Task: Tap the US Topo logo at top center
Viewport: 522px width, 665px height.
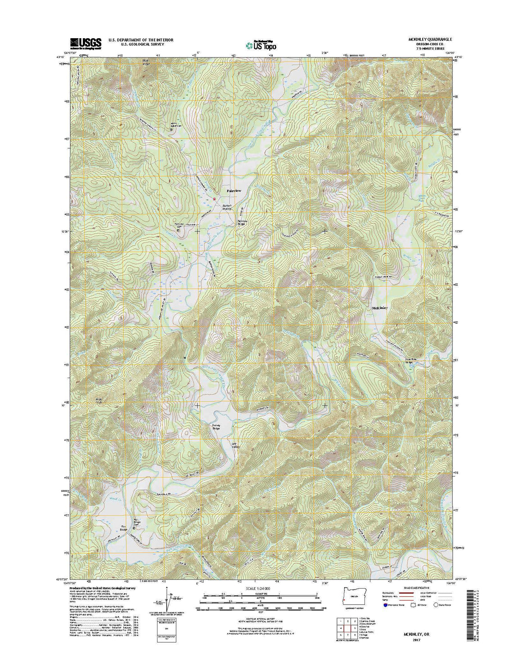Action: click(261, 45)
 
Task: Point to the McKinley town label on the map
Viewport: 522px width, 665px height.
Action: click(379, 308)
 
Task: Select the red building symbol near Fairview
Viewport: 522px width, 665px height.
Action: click(215, 199)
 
